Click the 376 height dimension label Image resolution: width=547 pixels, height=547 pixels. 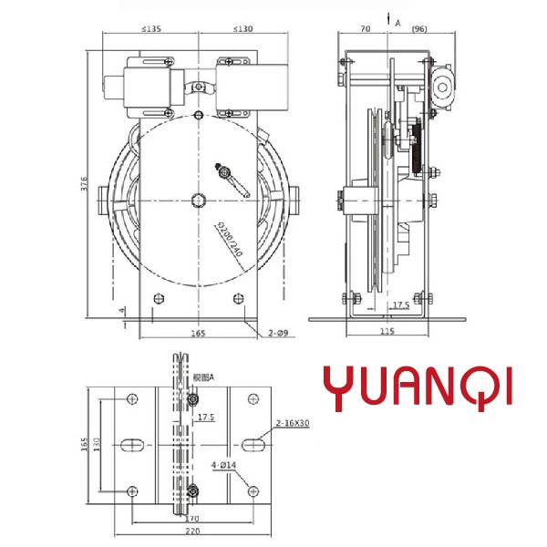[x=83, y=183]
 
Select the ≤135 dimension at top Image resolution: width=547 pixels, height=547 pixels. [x=152, y=29]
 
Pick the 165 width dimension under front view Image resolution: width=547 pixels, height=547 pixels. [x=197, y=334]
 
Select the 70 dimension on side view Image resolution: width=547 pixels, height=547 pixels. [x=366, y=29]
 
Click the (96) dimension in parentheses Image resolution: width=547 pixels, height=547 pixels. [x=419, y=29]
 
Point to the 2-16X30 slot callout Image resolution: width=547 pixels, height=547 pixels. [x=294, y=424]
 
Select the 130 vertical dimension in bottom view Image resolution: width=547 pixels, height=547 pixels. [x=98, y=447]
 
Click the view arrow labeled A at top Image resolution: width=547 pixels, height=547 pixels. [x=389, y=18]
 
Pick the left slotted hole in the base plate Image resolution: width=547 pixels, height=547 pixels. [x=131, y=444]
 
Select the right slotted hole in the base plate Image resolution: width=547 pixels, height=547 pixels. [x=253, y=444]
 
